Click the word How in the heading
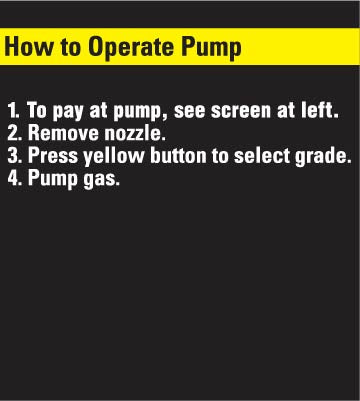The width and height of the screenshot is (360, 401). pos(29,46)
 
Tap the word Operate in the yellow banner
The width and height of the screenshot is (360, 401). pos(131,49)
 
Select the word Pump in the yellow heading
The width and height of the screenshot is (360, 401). pos(211,49)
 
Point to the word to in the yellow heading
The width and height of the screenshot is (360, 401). pos(71,47)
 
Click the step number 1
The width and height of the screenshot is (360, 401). pos(13,110)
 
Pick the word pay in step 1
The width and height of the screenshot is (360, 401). pos(69,112)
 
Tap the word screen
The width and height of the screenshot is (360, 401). pos(240,112)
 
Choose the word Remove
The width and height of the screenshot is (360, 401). pos(63,133)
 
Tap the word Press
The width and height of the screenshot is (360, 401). pos(53,156)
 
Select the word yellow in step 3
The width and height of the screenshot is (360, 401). pos(114,157)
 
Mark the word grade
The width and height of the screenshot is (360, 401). pos(323,157)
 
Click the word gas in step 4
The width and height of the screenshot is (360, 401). pos(101,180)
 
